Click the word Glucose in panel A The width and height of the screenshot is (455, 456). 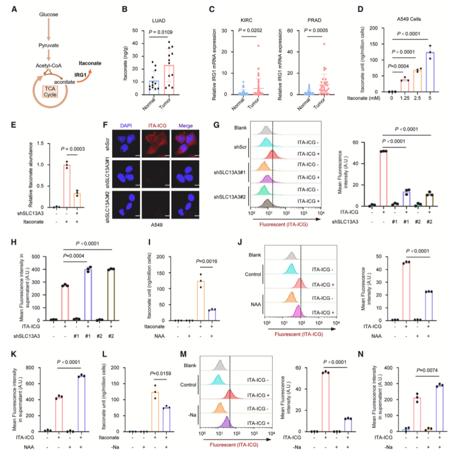coord(48,15)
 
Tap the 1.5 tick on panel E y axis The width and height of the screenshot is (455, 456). coord(30,143)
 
